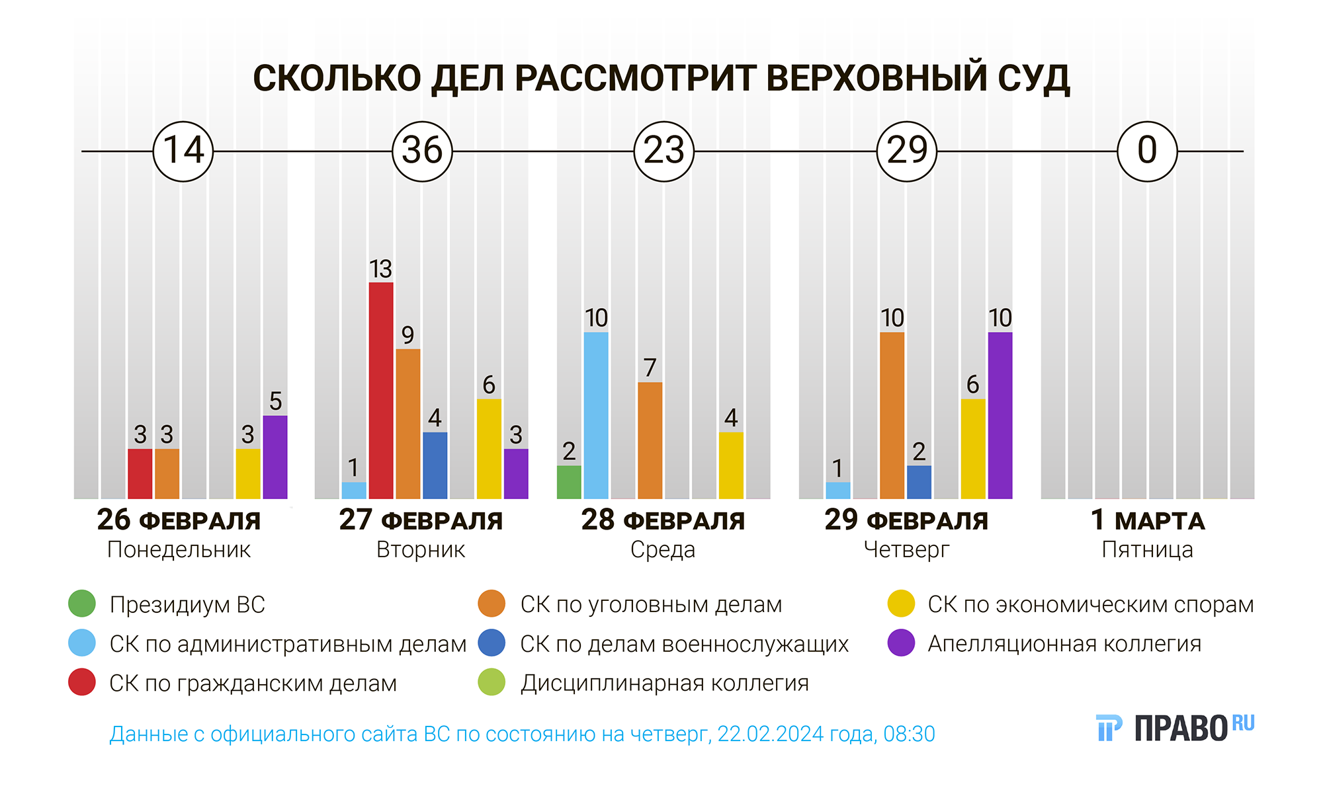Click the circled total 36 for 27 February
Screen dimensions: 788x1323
422,151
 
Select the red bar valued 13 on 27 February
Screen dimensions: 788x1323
381,390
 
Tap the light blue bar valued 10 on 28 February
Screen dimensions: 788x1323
596,415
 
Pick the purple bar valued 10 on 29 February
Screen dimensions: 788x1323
1000,415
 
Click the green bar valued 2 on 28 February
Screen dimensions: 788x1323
569,482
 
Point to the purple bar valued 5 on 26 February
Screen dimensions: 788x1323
275,457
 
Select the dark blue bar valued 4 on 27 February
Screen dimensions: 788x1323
435,465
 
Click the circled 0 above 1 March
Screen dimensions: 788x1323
1147,151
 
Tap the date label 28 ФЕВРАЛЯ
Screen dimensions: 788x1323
663,520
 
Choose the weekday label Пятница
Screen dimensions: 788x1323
1147,550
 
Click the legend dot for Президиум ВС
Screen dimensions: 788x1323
82,604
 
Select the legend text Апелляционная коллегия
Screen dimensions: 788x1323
1064,643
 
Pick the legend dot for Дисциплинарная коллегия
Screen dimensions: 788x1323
491,682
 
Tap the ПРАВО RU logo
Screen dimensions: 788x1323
1175,728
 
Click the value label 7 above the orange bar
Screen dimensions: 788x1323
650,368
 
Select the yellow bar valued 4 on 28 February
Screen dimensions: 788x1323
731,465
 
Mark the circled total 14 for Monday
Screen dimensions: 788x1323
183,151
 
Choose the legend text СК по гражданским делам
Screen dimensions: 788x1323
253,683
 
